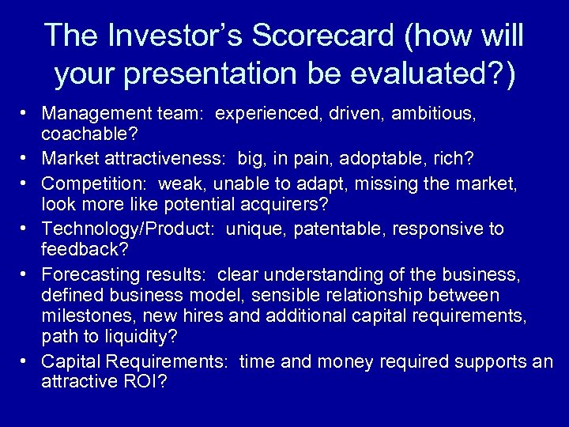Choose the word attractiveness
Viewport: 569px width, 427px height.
click(167, 160)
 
